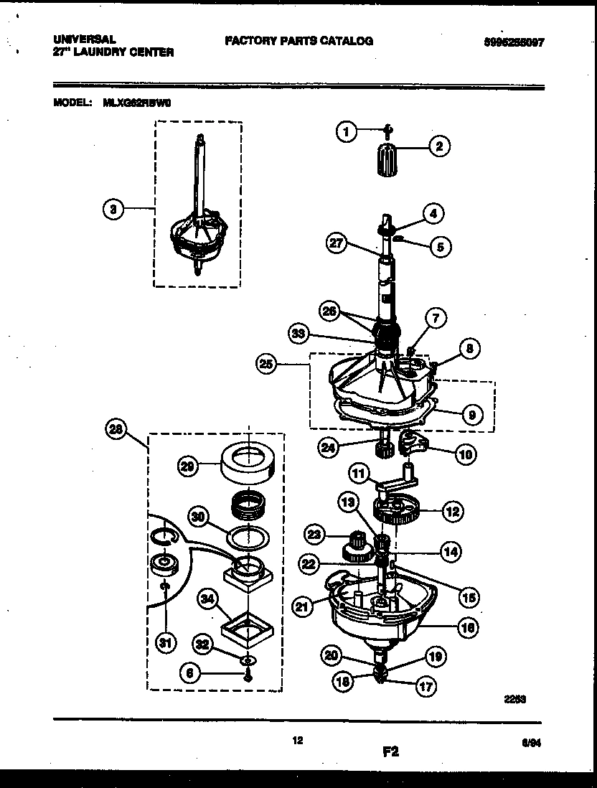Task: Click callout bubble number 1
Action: [x=347, y=131]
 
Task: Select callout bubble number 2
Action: [x=439, y=147]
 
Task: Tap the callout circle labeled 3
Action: [x=111, y=209]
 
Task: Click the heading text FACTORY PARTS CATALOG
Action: [x=298, y=41]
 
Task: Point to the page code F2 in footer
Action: [x=390, y=752]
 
